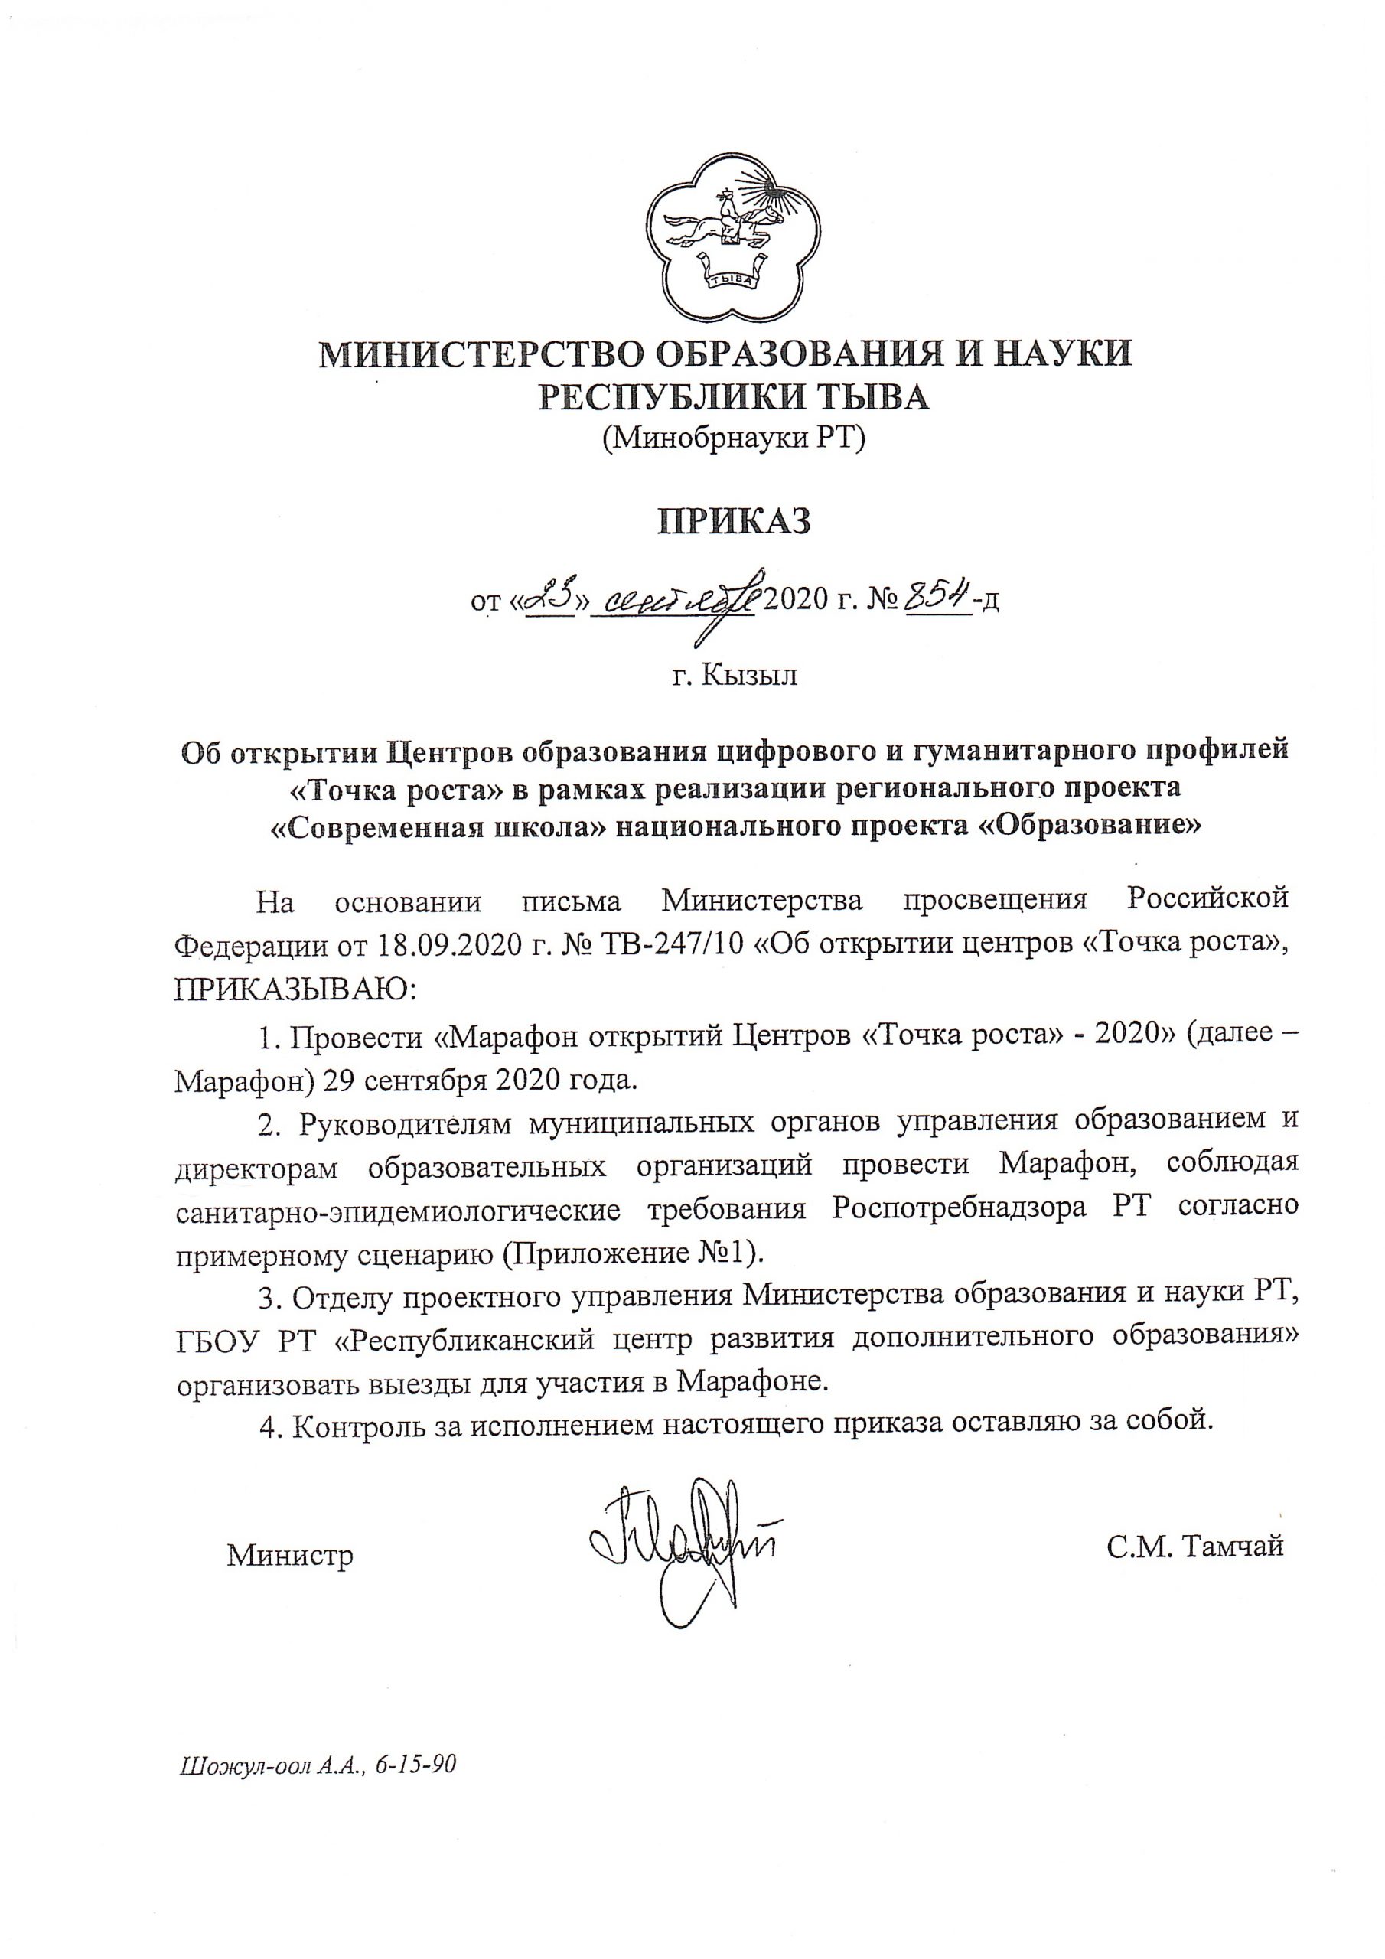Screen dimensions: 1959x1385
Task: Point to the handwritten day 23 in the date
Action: (550, 600)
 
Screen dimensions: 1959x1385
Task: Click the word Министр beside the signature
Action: (290, 1556)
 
